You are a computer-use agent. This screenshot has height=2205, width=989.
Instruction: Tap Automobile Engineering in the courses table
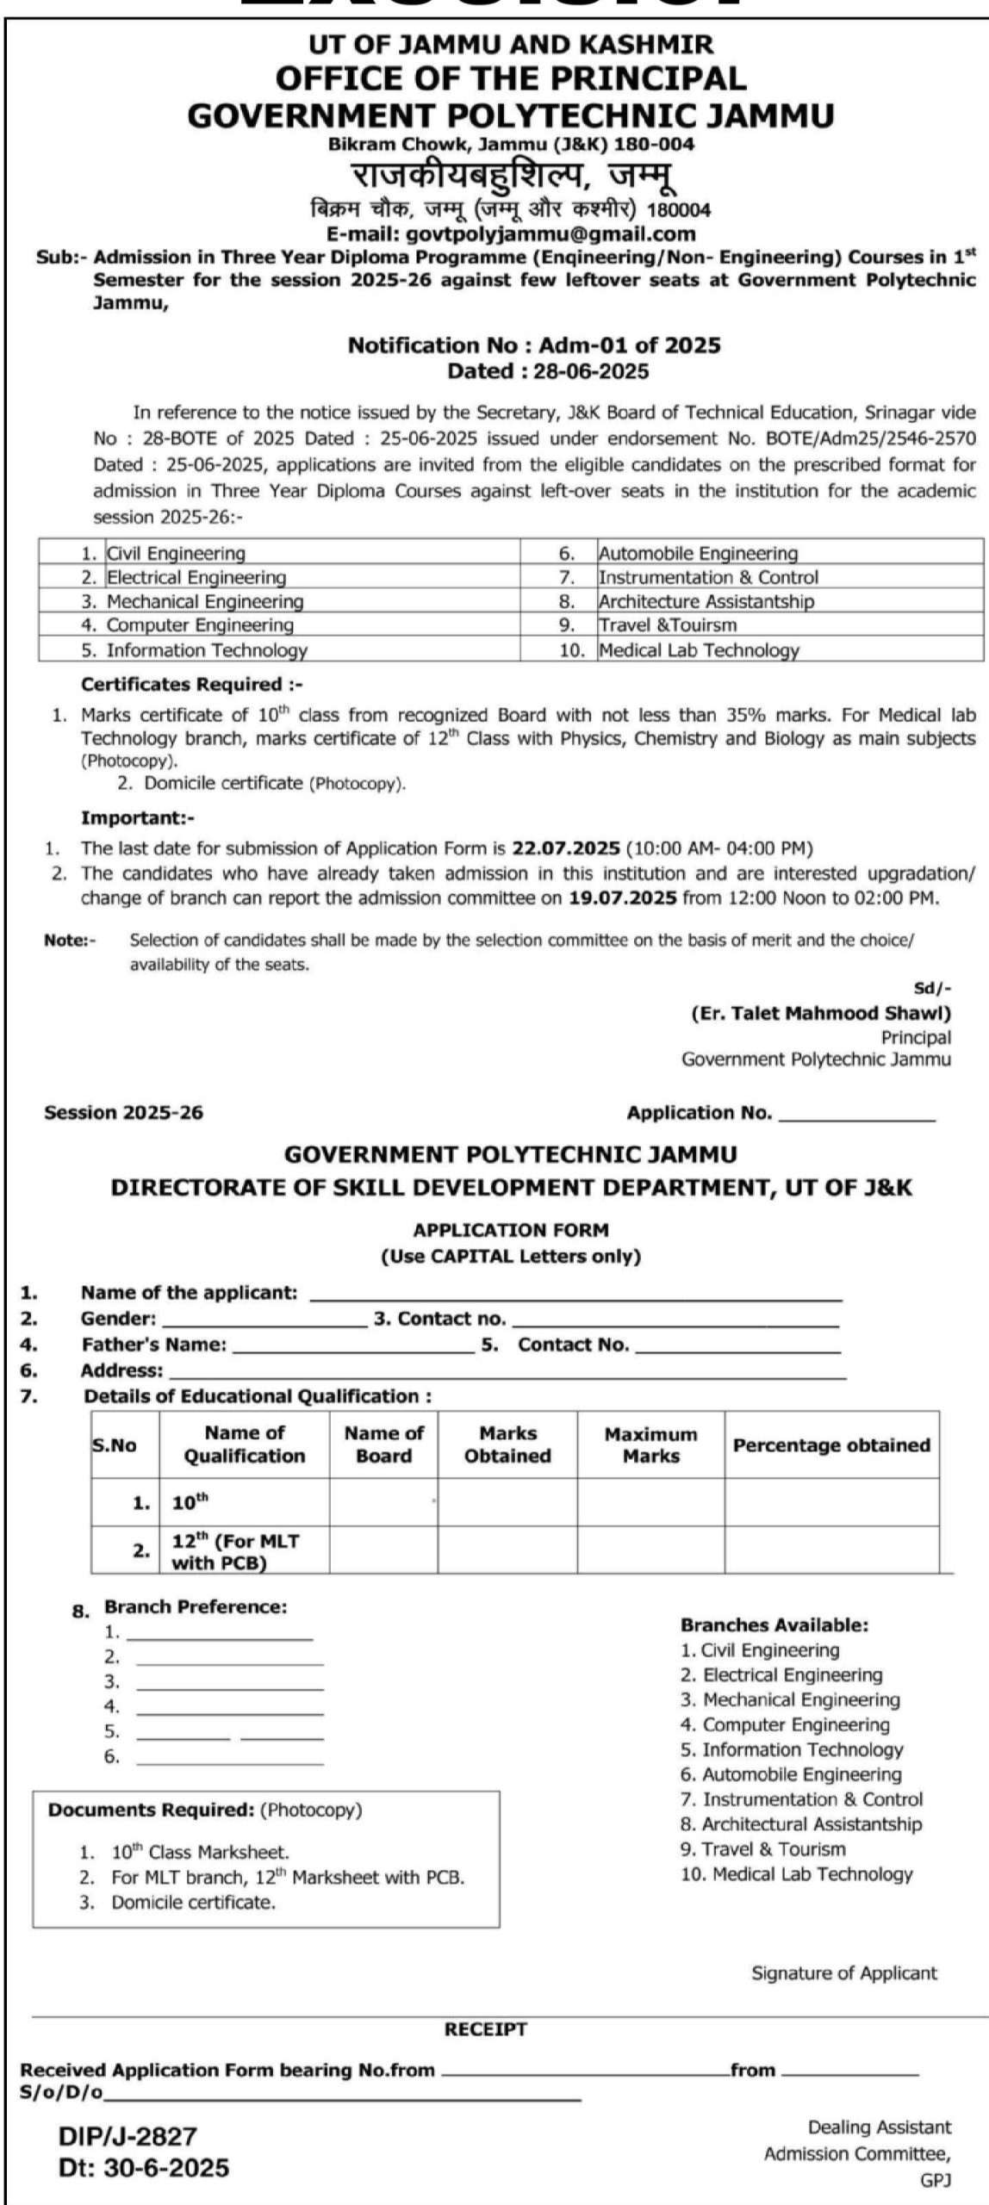click(x=698, y=553)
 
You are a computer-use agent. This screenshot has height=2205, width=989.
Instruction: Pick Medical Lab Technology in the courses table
click(x=699, y=650)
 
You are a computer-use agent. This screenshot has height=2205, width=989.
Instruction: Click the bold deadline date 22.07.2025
click(x=566, y=848)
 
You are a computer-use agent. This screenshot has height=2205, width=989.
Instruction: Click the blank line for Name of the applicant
click(x=575, y=1294)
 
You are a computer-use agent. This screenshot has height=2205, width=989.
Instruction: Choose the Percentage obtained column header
click(x=831, y=1445)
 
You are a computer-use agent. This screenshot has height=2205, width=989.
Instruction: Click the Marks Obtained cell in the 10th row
click(x=507, y=1503)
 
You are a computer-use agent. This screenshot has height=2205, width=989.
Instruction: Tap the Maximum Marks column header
click(x=650, y=1445)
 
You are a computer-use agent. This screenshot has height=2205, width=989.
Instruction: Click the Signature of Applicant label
click(x=843, y=1972)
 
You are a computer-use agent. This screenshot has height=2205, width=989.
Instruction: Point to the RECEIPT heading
click(x=485, y=2030)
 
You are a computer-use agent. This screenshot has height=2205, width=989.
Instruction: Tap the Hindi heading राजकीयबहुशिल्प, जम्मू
click(x=513, y=177)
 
